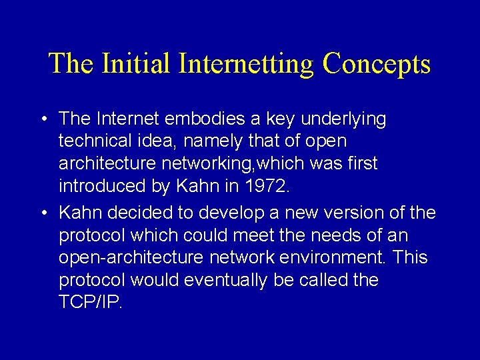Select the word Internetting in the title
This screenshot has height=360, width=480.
[x=246, y=65]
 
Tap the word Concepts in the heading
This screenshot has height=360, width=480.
[x=376, y=65]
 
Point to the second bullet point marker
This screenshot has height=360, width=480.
[x=42, y=213]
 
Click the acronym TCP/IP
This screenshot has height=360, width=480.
[x=91, y=302]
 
